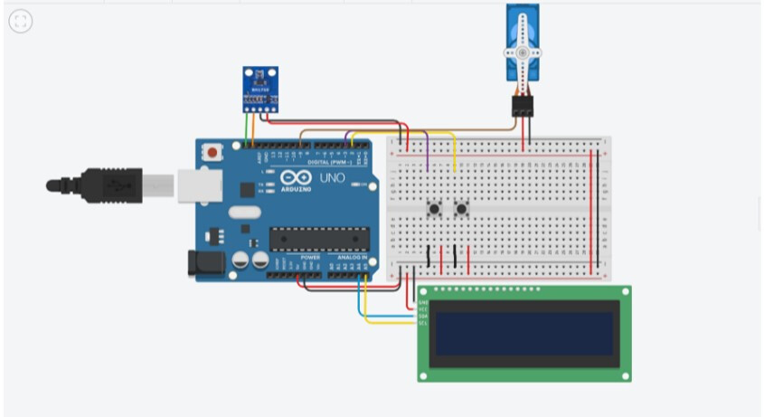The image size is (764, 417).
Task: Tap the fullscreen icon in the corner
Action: coord(20,22)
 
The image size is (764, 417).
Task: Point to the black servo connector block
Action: coord(523,106)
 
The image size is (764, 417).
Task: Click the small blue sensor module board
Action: coord(259,89)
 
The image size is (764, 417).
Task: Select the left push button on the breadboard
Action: coord(435,210)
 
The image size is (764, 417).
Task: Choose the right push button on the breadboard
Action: coord(462,210)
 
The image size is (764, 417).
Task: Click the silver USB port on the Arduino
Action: coord(195,185)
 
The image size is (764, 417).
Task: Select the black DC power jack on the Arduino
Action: coord(203,263)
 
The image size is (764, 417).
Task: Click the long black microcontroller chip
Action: coord(319,239)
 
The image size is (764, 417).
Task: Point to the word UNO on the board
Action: coord(331,178)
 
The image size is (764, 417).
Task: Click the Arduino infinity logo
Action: coord(296,178)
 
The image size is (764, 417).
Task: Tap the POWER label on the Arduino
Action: coord(310,257)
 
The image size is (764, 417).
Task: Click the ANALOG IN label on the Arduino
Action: coord(352,257)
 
